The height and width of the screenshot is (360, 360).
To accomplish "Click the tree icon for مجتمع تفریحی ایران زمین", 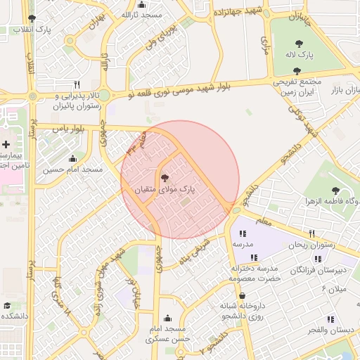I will pos(297,70).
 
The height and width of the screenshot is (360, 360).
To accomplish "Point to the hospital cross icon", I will pos(6,143).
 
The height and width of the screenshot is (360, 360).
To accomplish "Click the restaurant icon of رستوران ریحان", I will pos(311,233).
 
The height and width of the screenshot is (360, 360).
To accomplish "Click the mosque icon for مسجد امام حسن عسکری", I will pos(167,318).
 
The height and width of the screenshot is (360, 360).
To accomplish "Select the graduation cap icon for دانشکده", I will pos(7,306).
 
